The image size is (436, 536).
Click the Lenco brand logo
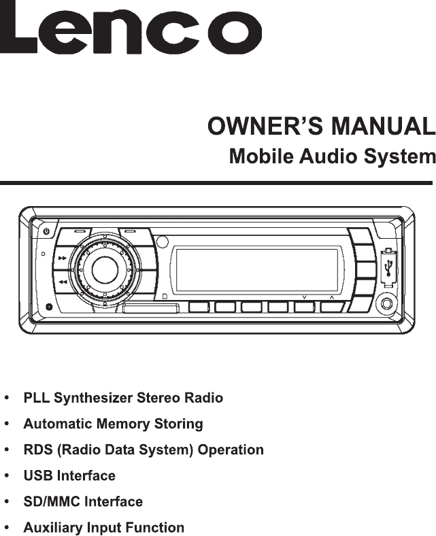point(131,31)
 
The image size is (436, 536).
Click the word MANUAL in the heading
point(382,126)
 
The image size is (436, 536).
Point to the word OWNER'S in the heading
point(265,126)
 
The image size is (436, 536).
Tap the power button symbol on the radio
point(46,231)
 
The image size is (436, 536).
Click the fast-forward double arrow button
point(62,258)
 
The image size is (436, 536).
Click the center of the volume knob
point(105,270)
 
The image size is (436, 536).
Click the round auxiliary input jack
point(386,303)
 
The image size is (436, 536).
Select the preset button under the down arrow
point(304,307)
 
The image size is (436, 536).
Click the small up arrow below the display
point(331,298)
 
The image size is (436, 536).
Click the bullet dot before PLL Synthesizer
point(7,398)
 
